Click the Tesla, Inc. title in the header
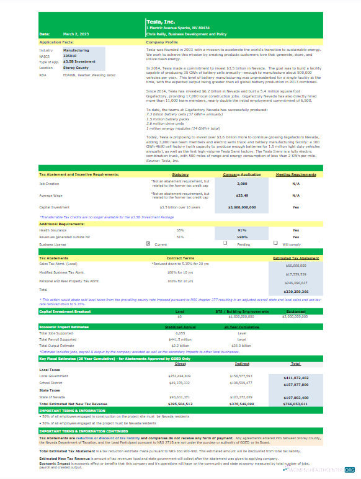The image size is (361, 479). [159, 22]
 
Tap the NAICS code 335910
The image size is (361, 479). [72, 56]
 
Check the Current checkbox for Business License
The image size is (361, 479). [147, 243]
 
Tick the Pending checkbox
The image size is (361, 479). [225, 243]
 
